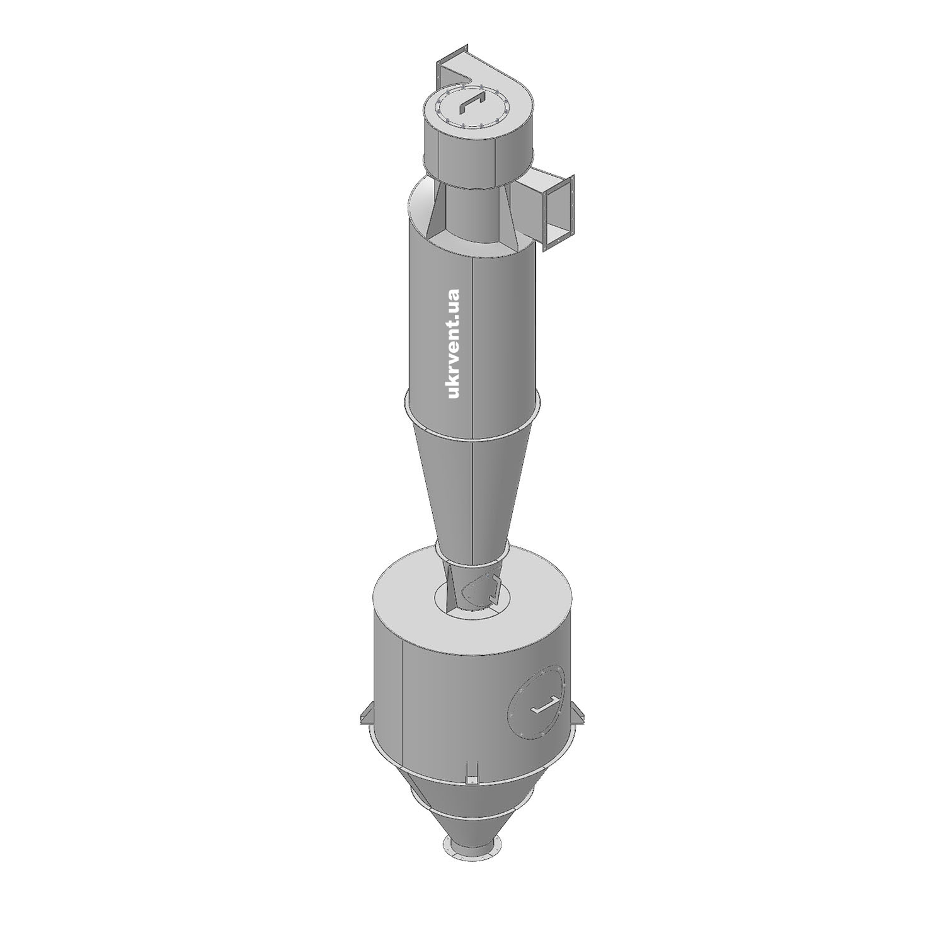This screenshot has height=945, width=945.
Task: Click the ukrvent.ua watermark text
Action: [453, 344]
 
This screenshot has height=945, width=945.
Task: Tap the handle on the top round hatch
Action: [470, 103]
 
